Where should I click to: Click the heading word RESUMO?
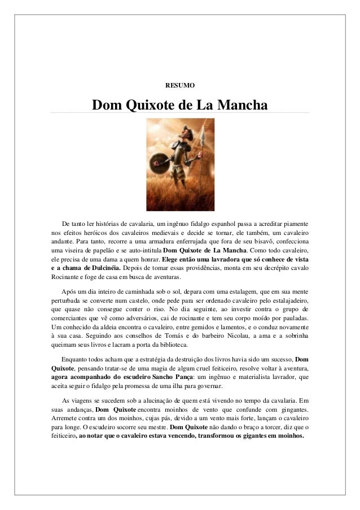coord(179,85)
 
